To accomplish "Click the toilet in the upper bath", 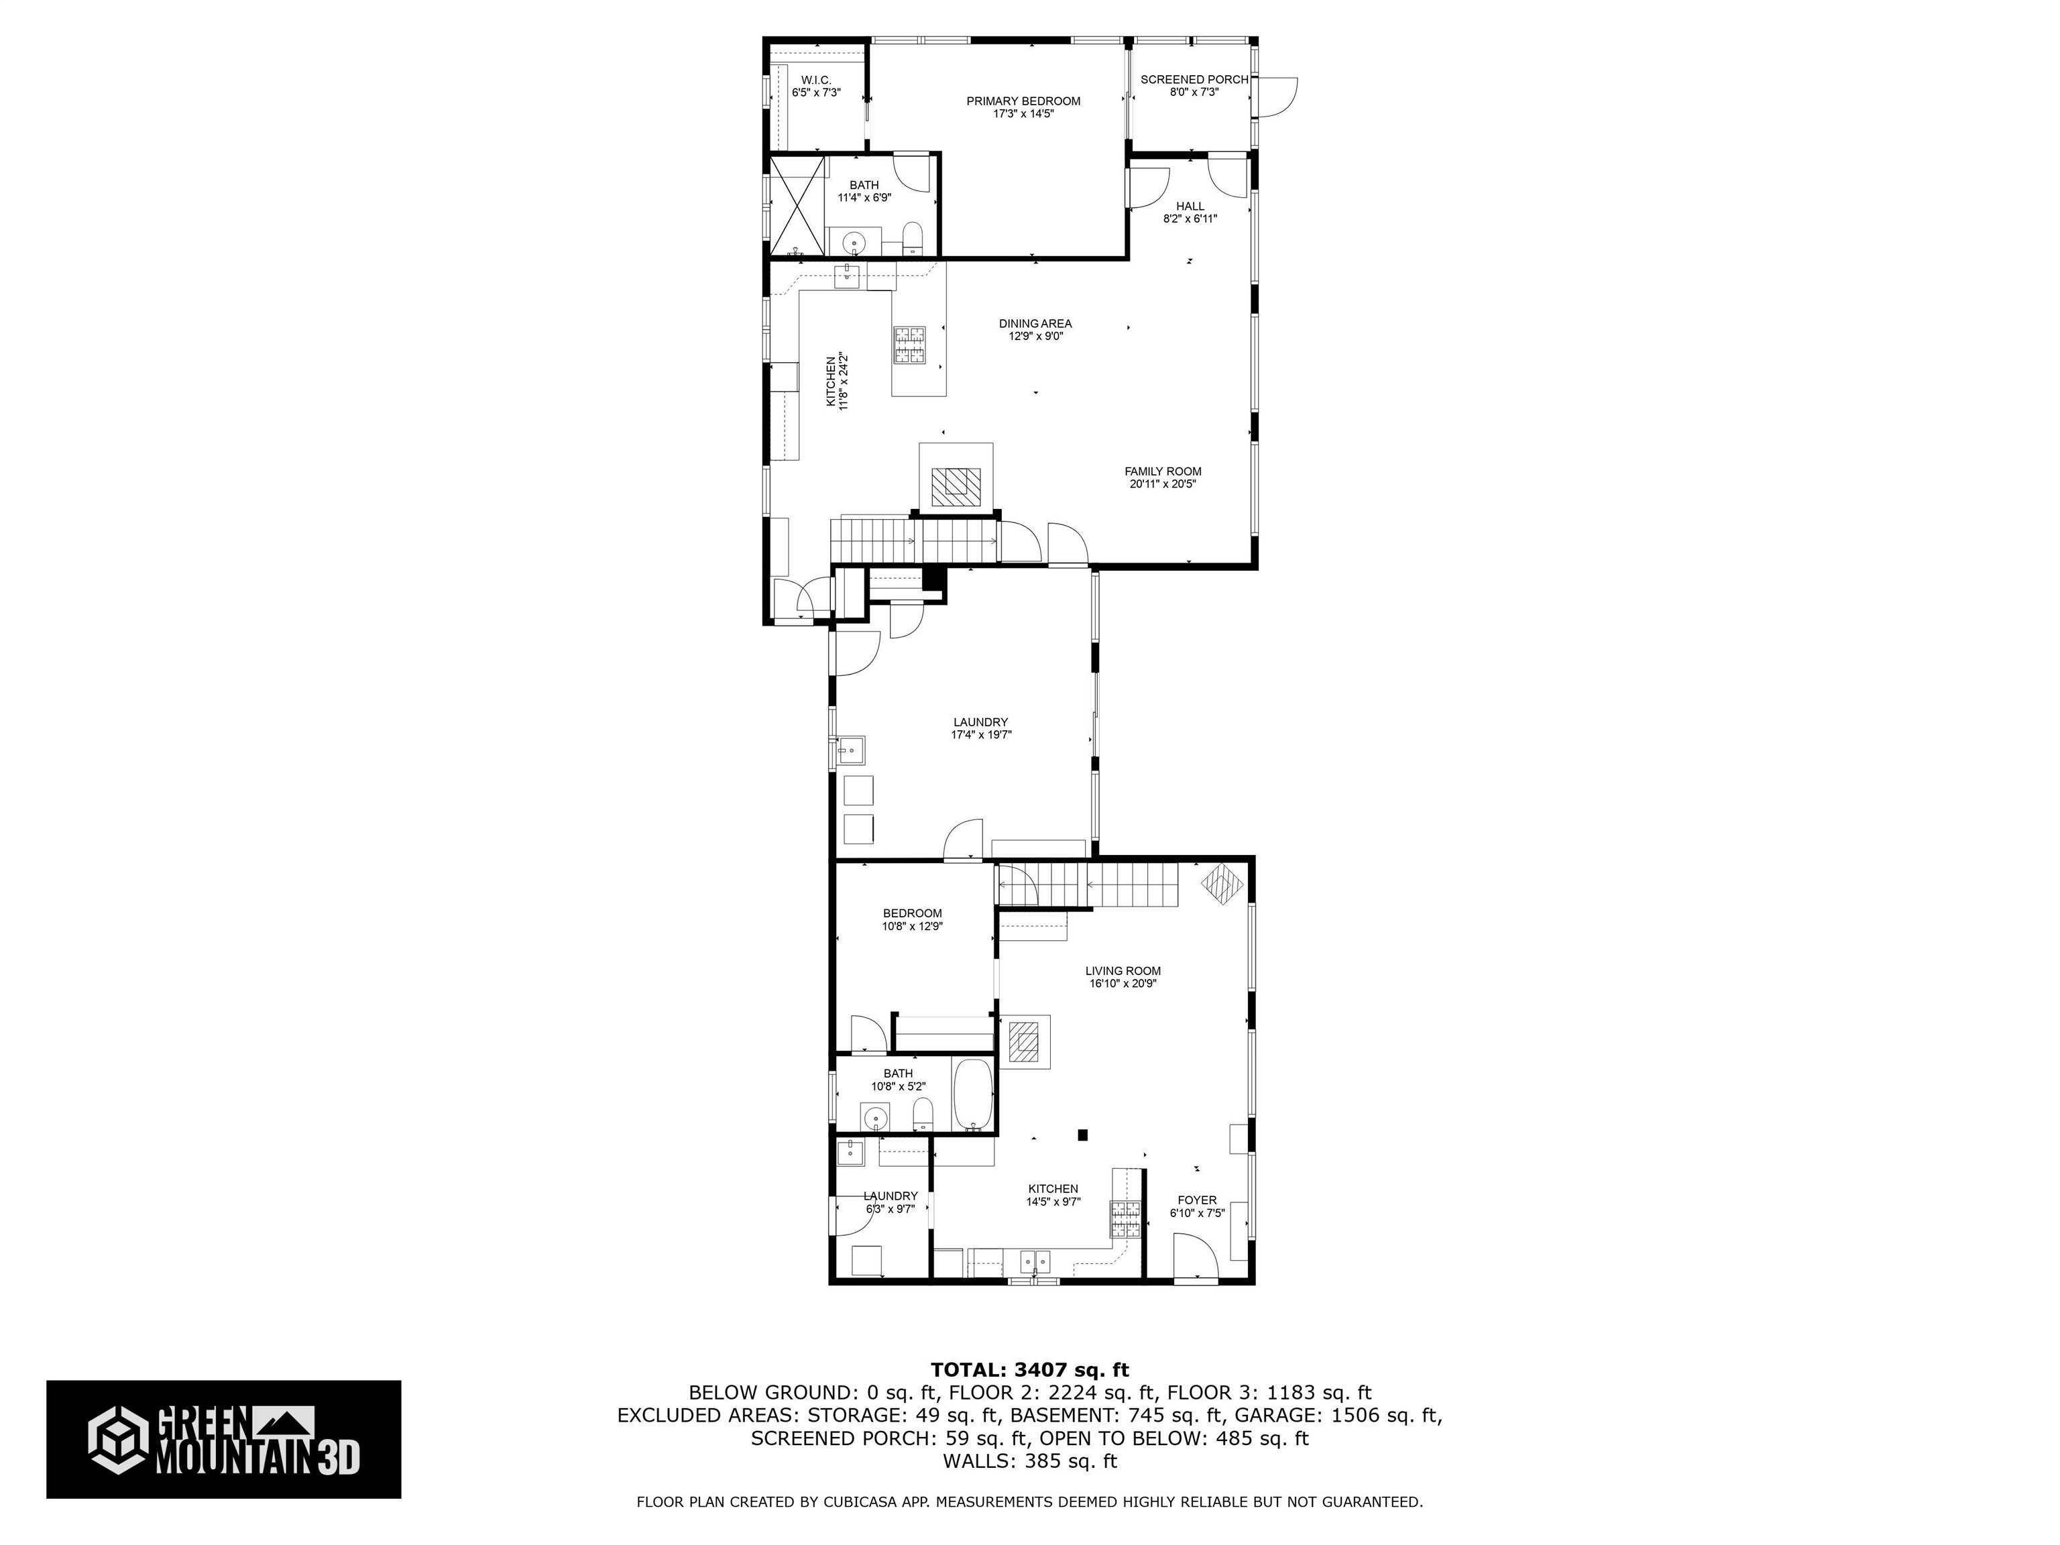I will [913, 237].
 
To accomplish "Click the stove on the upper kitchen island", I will [910, 345].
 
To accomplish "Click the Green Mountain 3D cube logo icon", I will [118, 1439].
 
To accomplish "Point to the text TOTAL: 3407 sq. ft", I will [1029, 1370].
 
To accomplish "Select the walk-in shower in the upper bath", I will [797, 207].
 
